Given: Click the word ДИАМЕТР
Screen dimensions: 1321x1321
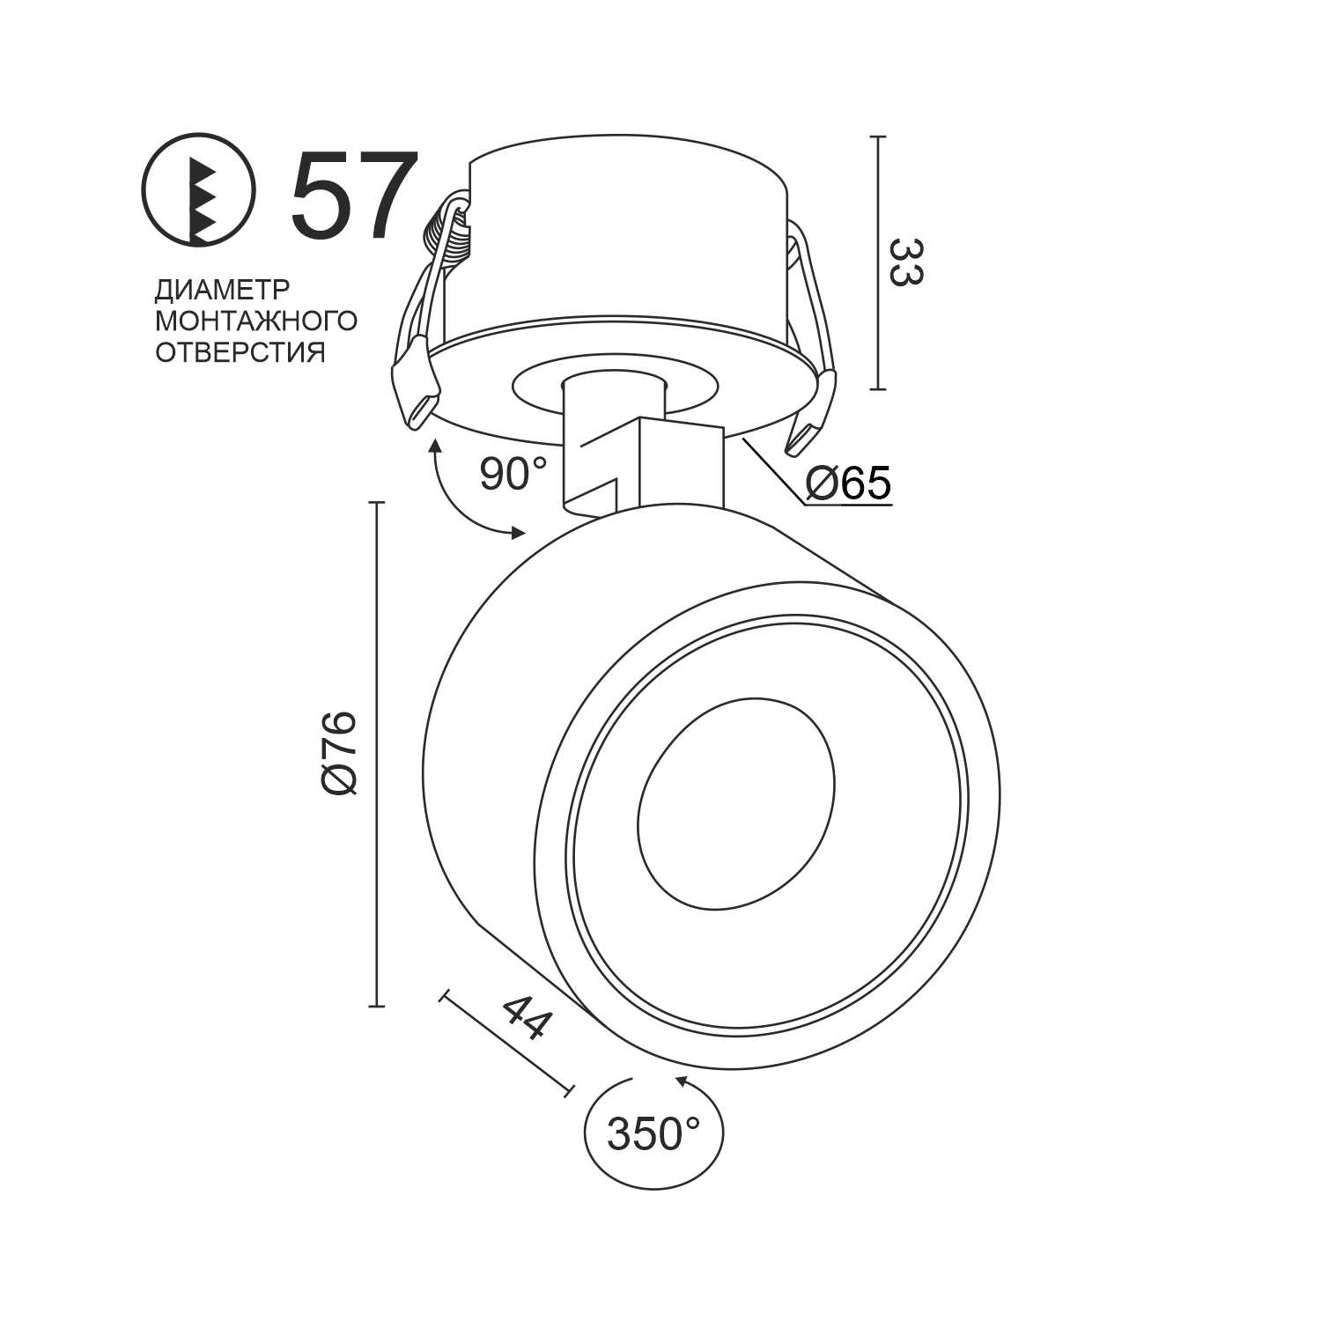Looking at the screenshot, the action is click(x=222, y=290).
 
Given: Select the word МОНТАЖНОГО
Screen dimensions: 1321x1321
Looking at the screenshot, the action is click(x=256, y=321).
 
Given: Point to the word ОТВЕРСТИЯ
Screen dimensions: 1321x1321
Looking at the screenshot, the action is click(x=240, y=352).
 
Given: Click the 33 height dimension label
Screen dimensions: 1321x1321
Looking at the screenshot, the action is click(x=905, y=262).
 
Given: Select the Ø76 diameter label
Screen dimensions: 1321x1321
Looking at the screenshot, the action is click(x=340, y=753).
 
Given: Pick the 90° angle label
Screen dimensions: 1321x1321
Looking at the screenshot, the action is click(x=513, y=474).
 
